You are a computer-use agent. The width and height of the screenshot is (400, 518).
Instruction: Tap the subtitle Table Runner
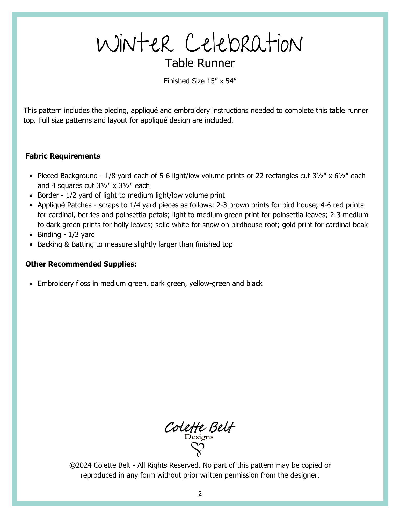[200, 63]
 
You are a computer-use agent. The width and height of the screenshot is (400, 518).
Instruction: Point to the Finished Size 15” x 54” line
[200, 81]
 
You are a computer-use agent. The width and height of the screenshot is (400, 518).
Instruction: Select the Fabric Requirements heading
[63, 156]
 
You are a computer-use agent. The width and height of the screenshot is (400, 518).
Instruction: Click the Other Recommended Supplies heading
[81, 264]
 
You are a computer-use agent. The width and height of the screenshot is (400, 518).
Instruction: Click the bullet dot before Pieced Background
[31, 176]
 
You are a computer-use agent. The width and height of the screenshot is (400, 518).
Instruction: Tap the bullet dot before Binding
[31, 235]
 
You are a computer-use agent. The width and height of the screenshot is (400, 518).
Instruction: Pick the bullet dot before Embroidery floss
[31, 284]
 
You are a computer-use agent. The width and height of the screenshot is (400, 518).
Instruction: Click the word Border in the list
[48, 195]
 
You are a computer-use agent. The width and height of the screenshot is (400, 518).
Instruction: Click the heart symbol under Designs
[198, 449]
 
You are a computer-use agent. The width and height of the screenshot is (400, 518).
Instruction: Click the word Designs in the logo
[199, 437]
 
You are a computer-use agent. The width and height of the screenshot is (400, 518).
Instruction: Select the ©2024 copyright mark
[80, 465]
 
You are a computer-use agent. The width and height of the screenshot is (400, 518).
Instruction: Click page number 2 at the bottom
[200, 494]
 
